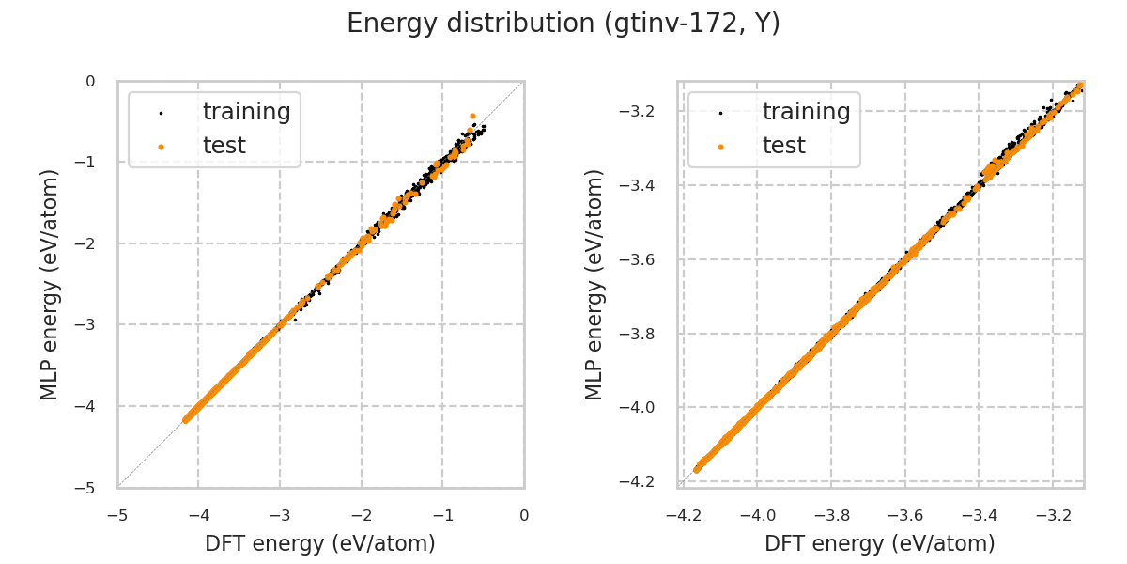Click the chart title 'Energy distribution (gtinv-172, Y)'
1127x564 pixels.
click(x=563, y=23)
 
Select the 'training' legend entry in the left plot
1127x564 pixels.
click(x=246, y=112)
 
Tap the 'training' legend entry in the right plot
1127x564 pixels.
click(x=806, y=112)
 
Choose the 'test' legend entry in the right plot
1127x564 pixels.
click(x=783, y=146)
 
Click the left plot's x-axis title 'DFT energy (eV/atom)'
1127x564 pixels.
click(x=320, y=543)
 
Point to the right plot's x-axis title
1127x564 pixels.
click(x=880, y=543)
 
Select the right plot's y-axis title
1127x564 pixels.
click(x=594, y=284)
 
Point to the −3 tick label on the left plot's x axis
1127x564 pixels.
click(x=279, y=515)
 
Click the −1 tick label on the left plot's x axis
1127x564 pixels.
click(x=441, y=515)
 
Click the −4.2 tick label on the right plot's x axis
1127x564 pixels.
click(x=683, y=515)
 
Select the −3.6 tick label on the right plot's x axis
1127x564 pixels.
click(x=904, y=515)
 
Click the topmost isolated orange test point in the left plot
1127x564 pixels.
click(x=472, y=116)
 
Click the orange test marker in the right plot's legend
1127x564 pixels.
click(x=720, y=147)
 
